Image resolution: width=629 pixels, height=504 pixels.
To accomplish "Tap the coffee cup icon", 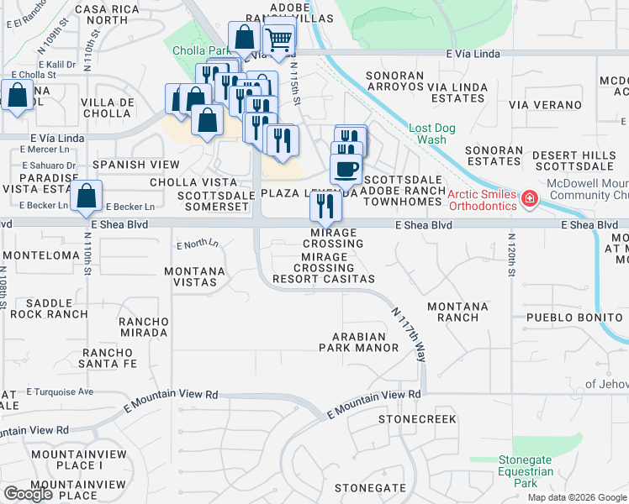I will pos(345,169).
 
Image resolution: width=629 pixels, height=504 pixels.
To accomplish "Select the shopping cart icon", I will pos(278,38).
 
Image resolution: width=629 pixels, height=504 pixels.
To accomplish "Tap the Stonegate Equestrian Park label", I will pos(526,471).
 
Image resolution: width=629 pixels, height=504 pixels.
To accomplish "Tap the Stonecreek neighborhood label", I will pos(417,418).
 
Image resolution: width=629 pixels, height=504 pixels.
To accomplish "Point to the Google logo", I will pos(28,494).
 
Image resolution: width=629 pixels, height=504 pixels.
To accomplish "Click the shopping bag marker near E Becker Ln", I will pos(87,197).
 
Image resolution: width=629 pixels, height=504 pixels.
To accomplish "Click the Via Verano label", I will pos(546,105).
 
